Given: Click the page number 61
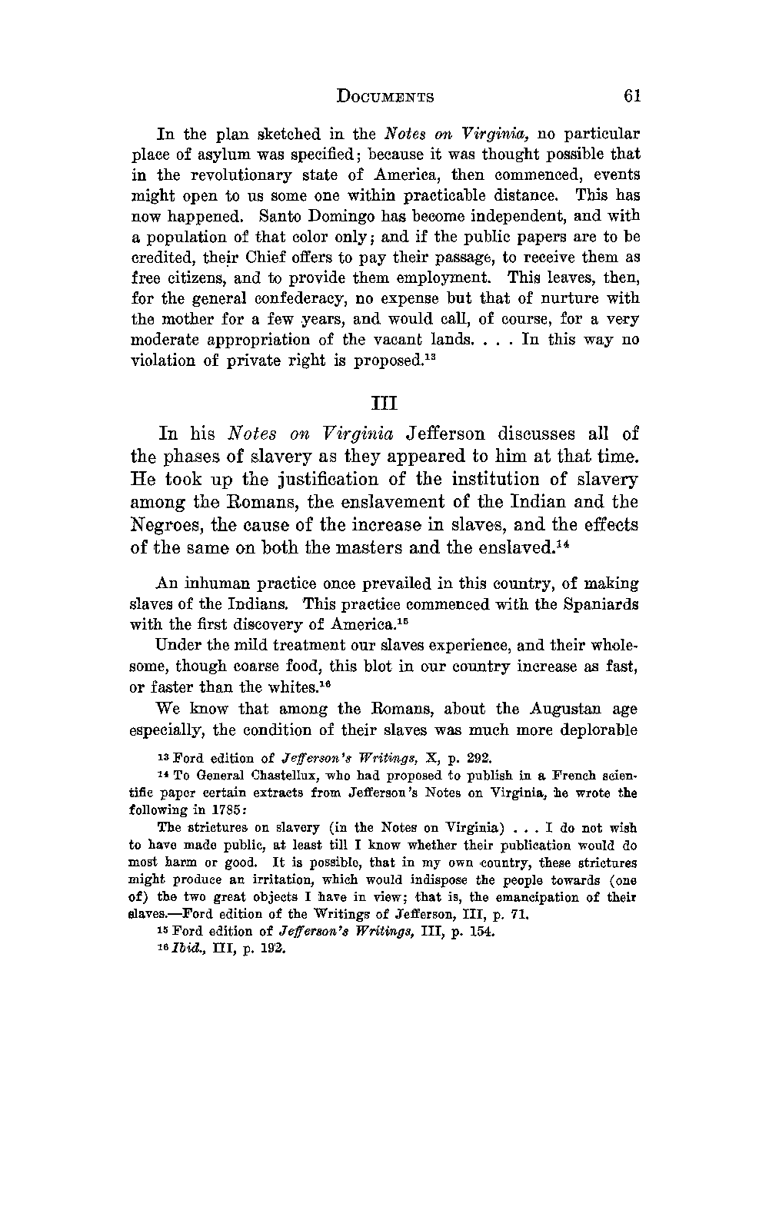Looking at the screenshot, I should click(x=632, y=96).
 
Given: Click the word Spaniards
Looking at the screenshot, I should click(x=603, y=604).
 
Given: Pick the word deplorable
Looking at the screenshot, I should click(x=601, y=730).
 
